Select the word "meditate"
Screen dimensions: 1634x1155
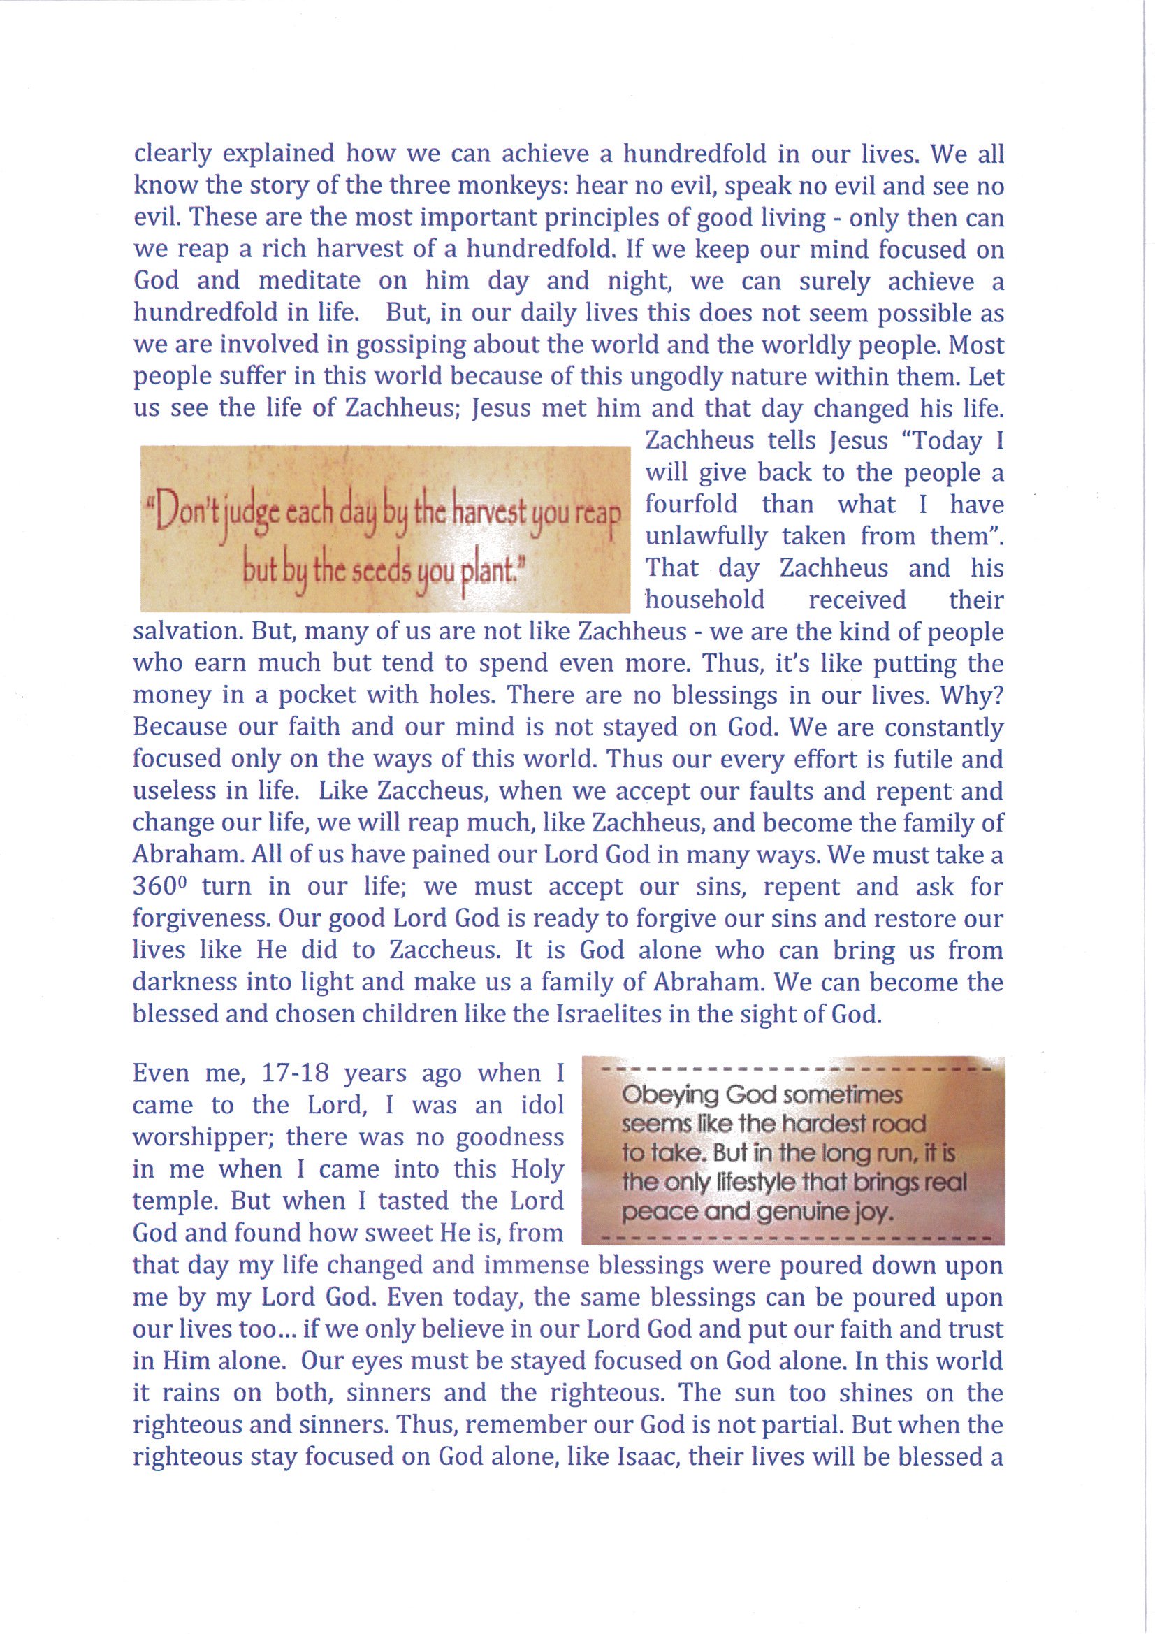click(x=309, y=281)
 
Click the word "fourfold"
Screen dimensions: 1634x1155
click(x=691, y=505)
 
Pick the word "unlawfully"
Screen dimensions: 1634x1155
click(x=706, y=536)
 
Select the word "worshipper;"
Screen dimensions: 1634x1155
click(x=204, y=1137)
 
